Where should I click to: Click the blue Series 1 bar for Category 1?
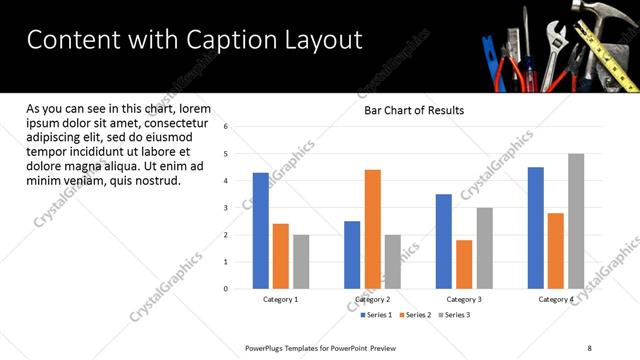(260, 231)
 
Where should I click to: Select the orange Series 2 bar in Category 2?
(372, 229)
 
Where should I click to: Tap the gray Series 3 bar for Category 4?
(576, 221)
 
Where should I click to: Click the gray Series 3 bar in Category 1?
(301, 262)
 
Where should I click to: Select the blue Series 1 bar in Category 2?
(352, 255)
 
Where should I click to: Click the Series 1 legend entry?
(376, 315)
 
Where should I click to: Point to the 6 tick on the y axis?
(226, 127)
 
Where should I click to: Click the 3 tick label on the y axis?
(226, 208)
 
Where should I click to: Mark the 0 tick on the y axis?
(226, 289)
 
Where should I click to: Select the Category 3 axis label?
(464, 299)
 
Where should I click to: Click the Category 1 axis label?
(280, 299)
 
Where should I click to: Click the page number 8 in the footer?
(589, 348)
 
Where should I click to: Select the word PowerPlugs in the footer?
(268, 348)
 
